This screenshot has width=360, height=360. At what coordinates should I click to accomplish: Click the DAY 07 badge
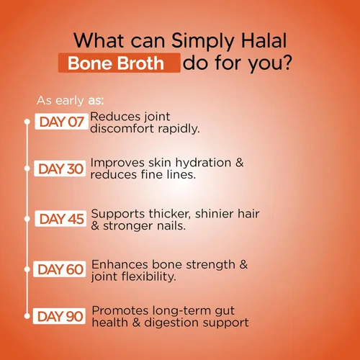click(61, 122)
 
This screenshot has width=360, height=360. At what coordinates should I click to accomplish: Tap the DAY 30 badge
click(60, 168)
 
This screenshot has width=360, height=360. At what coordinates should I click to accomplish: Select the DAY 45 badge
click(60, 219)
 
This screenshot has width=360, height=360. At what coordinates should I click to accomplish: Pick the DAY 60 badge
click(60, 269)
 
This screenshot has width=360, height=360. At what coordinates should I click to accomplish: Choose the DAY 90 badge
click(59, 316)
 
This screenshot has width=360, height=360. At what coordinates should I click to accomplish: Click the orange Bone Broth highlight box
click(120, 63)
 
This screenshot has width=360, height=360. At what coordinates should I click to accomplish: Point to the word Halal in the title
click(264, 40)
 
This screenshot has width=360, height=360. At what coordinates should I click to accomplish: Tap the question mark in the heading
click(286, 63)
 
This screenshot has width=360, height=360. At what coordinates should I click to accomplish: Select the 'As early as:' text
click(71, 100)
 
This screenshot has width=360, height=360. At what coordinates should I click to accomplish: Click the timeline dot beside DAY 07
click(27, 122)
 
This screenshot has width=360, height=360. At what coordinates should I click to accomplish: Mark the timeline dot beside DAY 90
click(27, 316)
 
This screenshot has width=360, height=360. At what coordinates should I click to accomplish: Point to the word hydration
click(203, 163)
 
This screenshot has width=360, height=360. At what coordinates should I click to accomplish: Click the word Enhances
click(120, 264)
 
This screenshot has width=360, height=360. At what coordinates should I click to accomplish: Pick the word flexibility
click(149, 276)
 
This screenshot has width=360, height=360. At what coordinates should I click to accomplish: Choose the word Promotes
click(120, 310)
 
